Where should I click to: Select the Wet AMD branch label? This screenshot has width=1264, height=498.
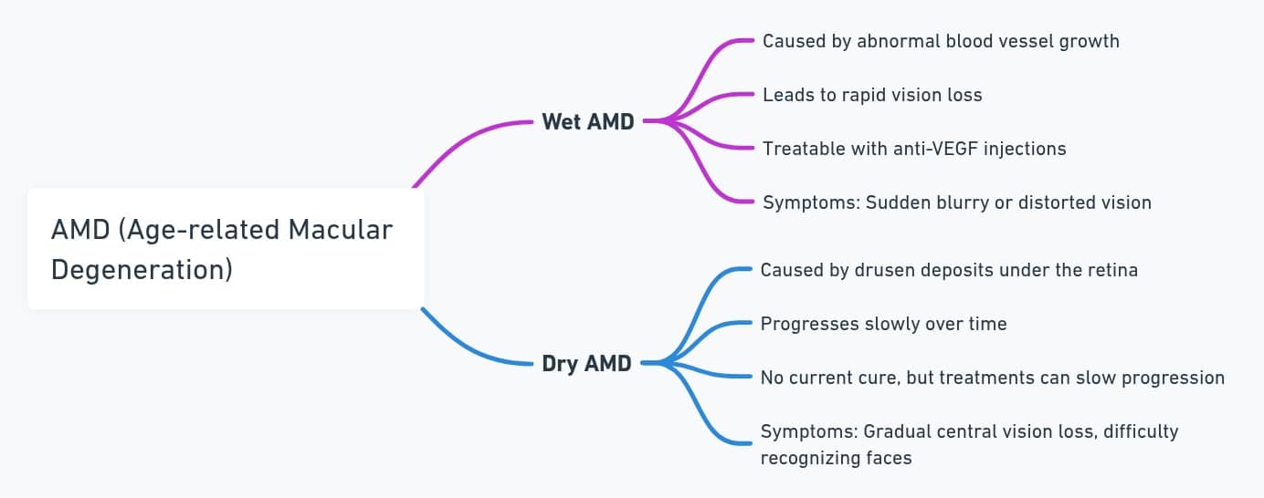click(x=587, y=121)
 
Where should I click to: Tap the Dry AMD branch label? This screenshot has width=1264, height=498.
click(x=586, y=363)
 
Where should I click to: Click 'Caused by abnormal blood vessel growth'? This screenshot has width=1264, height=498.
click(x=941, y=41)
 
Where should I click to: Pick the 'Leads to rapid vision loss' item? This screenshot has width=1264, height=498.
click(x=872, y=95)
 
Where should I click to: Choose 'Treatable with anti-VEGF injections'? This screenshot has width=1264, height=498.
click(x=914, y=149)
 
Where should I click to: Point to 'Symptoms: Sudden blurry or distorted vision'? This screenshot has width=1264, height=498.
click(x=956, y=202)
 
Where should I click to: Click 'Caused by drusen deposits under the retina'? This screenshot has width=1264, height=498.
click(x=949, y=270)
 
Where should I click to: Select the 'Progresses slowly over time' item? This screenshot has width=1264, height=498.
click(x=883, y=324)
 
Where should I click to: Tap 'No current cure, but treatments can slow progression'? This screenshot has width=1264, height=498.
click(x=992, y=378)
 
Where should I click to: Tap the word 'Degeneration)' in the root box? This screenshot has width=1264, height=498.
click(x=142, y=270)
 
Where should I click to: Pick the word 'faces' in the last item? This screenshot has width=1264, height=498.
click(x=889, y=458)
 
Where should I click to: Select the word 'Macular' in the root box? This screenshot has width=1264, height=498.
click(x=341, y=229)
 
